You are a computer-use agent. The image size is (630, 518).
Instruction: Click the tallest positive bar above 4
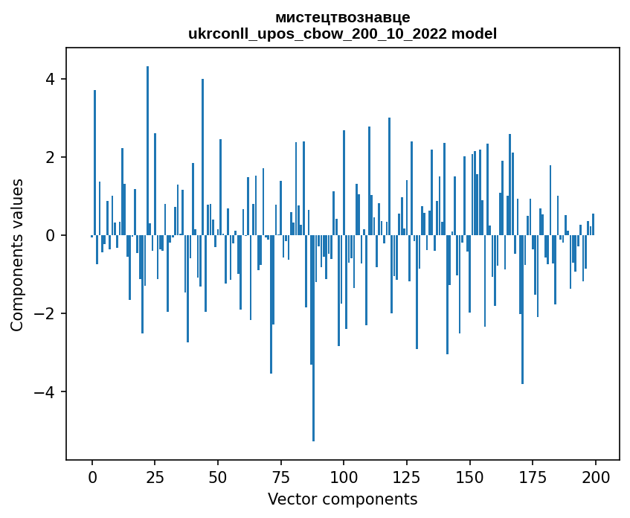(147, 149)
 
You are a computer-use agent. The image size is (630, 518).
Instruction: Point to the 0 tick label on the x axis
(92, 476)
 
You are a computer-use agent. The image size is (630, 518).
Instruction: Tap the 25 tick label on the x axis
(155, 476)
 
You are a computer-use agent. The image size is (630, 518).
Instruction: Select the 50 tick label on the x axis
(218, 476)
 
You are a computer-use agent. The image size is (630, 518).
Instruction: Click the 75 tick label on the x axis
(280, 476)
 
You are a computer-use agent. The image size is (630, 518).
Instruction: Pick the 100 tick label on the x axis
(344, 476)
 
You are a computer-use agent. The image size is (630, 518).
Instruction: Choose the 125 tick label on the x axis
(406, 476)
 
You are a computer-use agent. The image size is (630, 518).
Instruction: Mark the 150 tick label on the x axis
(469, 476)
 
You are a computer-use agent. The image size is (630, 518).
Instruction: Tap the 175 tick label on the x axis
(532, 476)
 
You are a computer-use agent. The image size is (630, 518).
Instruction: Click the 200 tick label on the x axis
(595, 476)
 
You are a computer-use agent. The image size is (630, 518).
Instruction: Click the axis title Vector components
(342, 499)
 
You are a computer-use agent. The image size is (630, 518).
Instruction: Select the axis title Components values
(17, 255)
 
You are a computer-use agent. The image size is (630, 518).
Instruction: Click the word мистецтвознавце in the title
(342, 17)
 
